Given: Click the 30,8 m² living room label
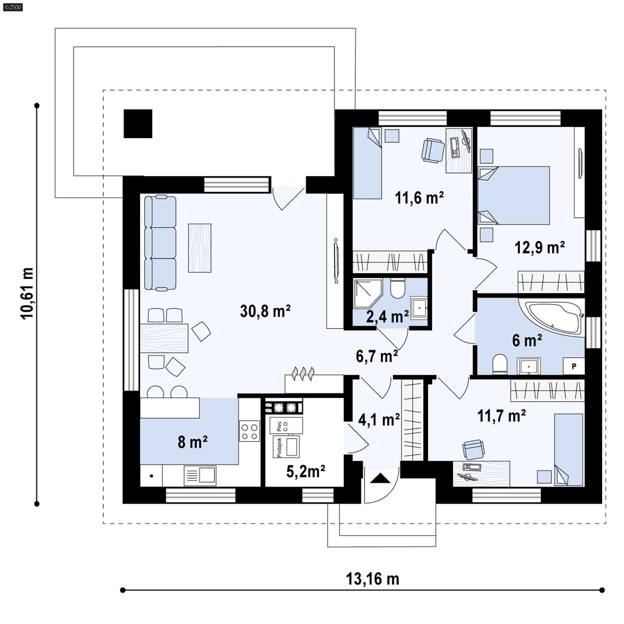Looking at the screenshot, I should pyautogui.click(x=265, y=311).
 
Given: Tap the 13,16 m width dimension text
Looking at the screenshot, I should pyautogui.click(x=372, y=579).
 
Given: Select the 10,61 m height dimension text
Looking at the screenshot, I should pyautogui.click(x=27, y=293).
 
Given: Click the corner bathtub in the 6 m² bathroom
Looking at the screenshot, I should pyautogui.click(x=552, y=317).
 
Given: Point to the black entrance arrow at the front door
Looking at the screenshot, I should pyautogui.click(x=380, y=479).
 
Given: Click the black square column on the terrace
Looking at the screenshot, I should pyautogui.click(x=138, y=124).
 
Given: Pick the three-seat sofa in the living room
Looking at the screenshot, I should pyautogui.click(x=160, y=243).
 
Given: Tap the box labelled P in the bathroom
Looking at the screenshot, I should pyautogui.click(x=574, y=366).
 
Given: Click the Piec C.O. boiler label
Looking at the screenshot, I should pyautogui.click(x=282, y=426).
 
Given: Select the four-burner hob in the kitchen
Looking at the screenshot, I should pyautogui.click(x=249, y=431).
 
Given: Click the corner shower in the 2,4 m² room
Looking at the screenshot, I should pyautogui.click(x=367, y=293).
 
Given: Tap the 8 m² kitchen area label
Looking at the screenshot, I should pyautogui.click(x=192, y=442).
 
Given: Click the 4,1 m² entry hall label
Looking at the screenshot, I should pyautogui.click(x=379, y=420).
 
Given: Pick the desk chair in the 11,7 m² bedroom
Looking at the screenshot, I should pyautogui.click(x=473, y=449).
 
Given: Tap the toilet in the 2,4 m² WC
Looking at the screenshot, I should pyautogui.click(x=397, y=289).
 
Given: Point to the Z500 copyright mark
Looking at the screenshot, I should pyautogui.click(x=12, y=7).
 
